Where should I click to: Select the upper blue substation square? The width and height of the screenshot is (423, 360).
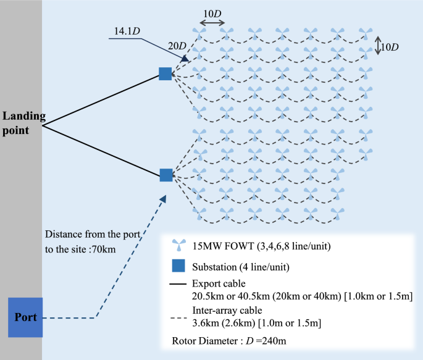pos(165,74)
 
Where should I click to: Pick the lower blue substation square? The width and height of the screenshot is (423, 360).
pos(165,175)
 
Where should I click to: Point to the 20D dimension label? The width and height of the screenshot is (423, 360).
pos(177,46)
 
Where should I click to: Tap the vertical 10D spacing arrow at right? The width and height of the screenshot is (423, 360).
pos(379,46)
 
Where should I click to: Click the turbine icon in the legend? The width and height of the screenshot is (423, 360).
pos(178,246)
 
